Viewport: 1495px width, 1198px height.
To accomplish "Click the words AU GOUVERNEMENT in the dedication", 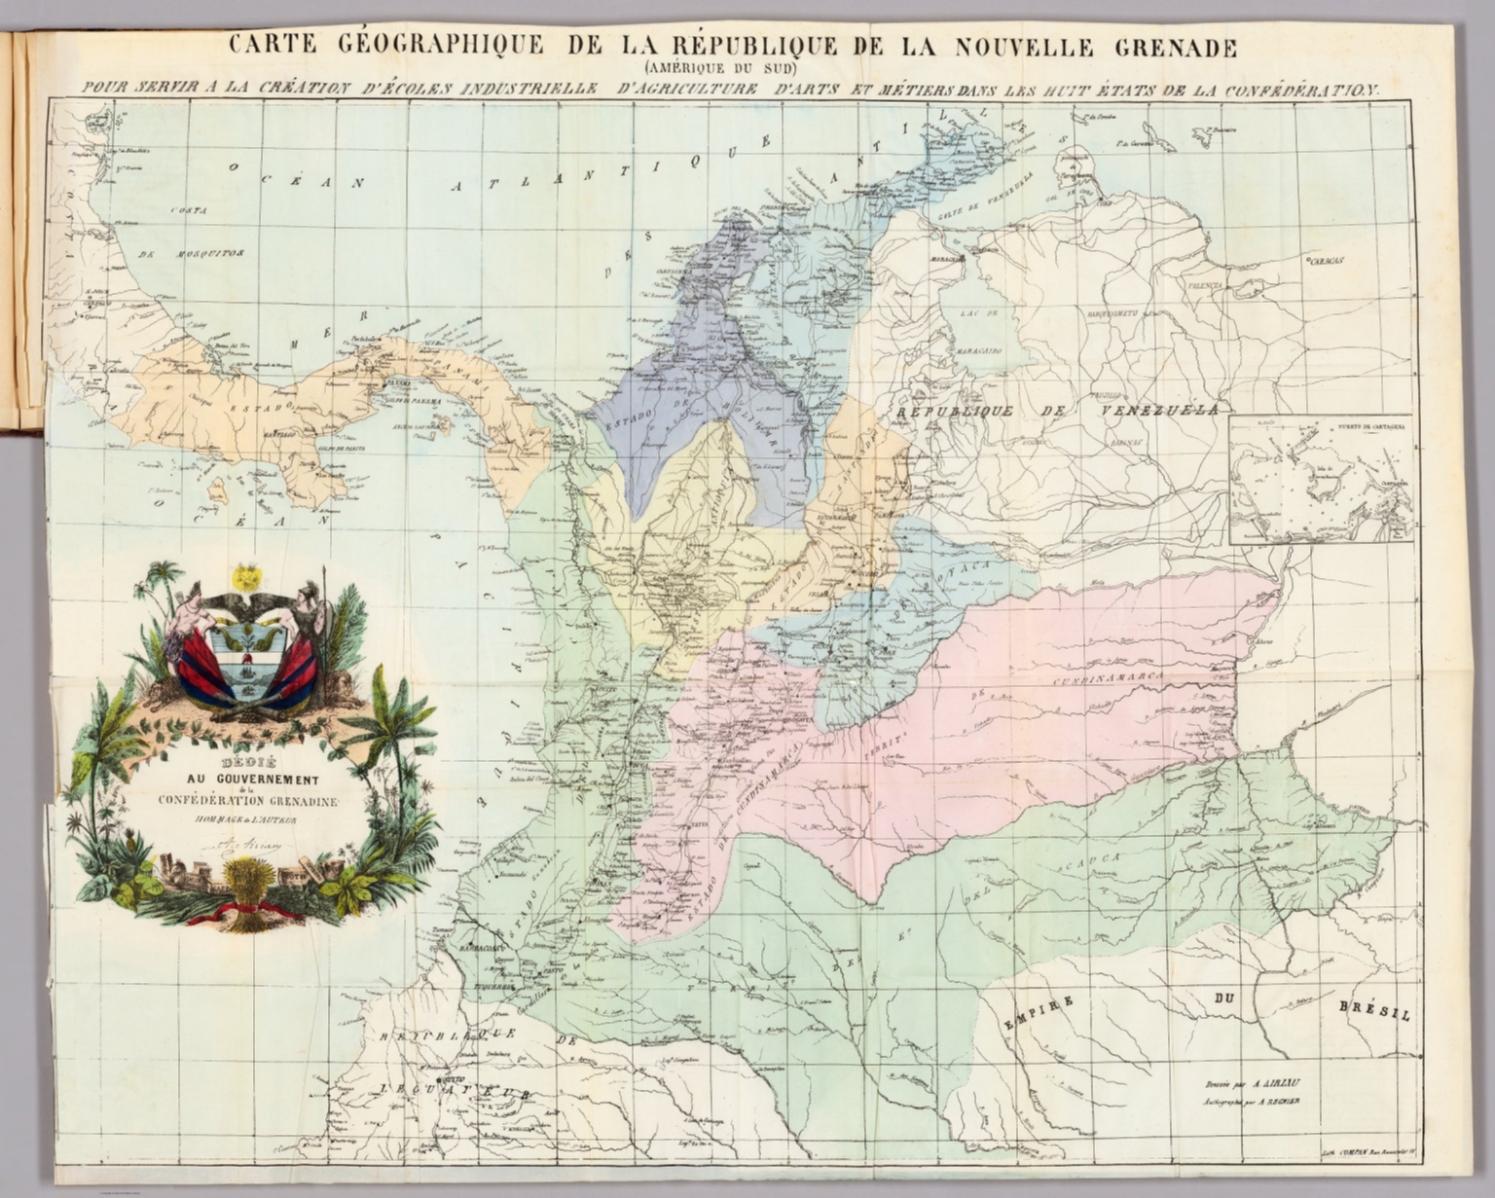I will coord(253,780).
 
